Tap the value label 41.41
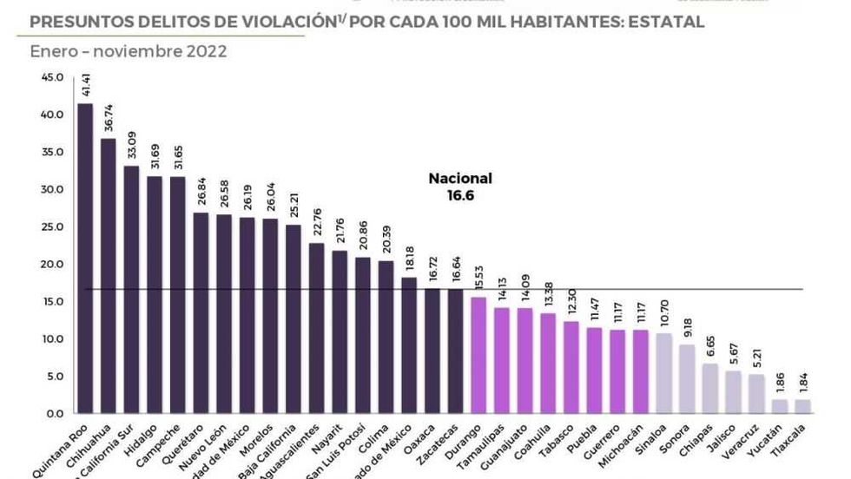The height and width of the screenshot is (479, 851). (85, 87)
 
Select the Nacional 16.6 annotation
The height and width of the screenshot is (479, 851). (460, 187)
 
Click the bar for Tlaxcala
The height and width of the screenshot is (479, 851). (802, 406)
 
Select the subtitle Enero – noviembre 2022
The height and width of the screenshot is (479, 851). (129, 51)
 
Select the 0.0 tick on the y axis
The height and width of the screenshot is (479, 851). (54, 413)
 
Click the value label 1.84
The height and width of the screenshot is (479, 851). (802, 384)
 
